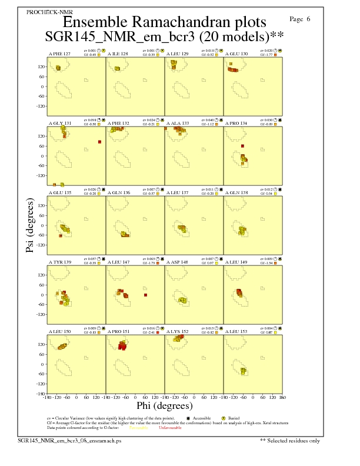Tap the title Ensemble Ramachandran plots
click(164, 23)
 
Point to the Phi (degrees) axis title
click(164, 405)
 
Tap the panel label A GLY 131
click(59, 124)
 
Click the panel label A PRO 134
click(237, 124)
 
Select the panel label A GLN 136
click(119, 192)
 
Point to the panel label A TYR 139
click(59, 261)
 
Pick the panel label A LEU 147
click(119, 261)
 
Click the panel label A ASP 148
click(178, 261)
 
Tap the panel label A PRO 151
click(119, 331)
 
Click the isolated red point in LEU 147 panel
click(145, 295)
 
